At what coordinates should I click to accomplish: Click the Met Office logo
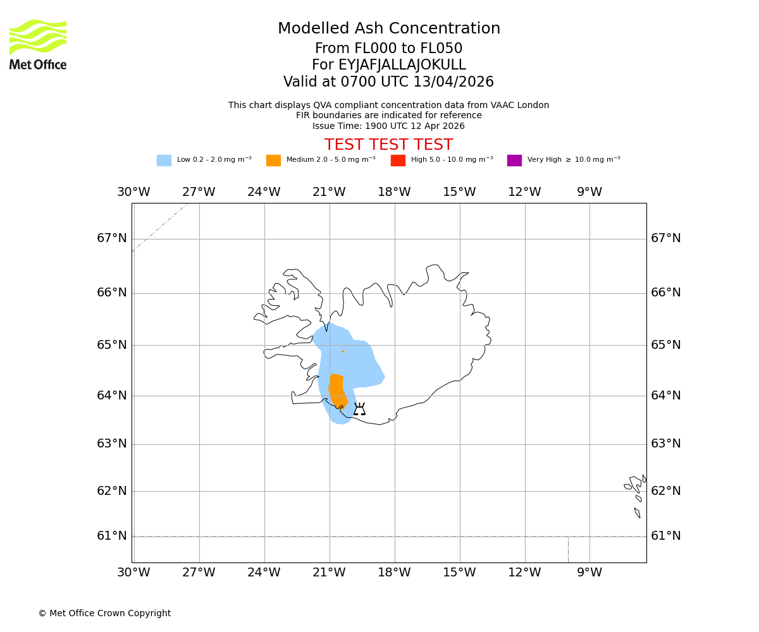coord(38,44)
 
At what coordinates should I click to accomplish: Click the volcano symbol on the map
coord(359,409)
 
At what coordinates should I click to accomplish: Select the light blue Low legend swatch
coord(164,161)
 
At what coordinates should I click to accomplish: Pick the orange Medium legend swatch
coord(273,161)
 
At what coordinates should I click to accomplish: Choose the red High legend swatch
coord(398,161)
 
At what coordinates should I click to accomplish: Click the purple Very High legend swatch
coord(514,161)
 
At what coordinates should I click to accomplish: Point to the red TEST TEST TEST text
coord(388,145)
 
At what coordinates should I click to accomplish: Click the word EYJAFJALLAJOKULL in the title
coord(402,65)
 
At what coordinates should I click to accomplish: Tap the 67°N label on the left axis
coord(111,238)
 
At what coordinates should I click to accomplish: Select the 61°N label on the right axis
coord(666,536)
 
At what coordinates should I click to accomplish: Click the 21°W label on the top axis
coord(329,192)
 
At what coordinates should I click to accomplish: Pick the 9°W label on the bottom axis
coord(589,573)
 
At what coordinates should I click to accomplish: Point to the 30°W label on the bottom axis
coord(133,573)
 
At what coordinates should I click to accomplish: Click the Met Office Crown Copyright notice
coord(104,613)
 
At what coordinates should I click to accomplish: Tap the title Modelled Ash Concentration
coord(389,28)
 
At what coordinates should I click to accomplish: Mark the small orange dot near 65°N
coord(343,351)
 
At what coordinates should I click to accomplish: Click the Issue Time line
coord(388,126)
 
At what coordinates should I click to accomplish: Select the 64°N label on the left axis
coord(111,396)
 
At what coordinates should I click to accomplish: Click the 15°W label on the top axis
coord(459,192)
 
